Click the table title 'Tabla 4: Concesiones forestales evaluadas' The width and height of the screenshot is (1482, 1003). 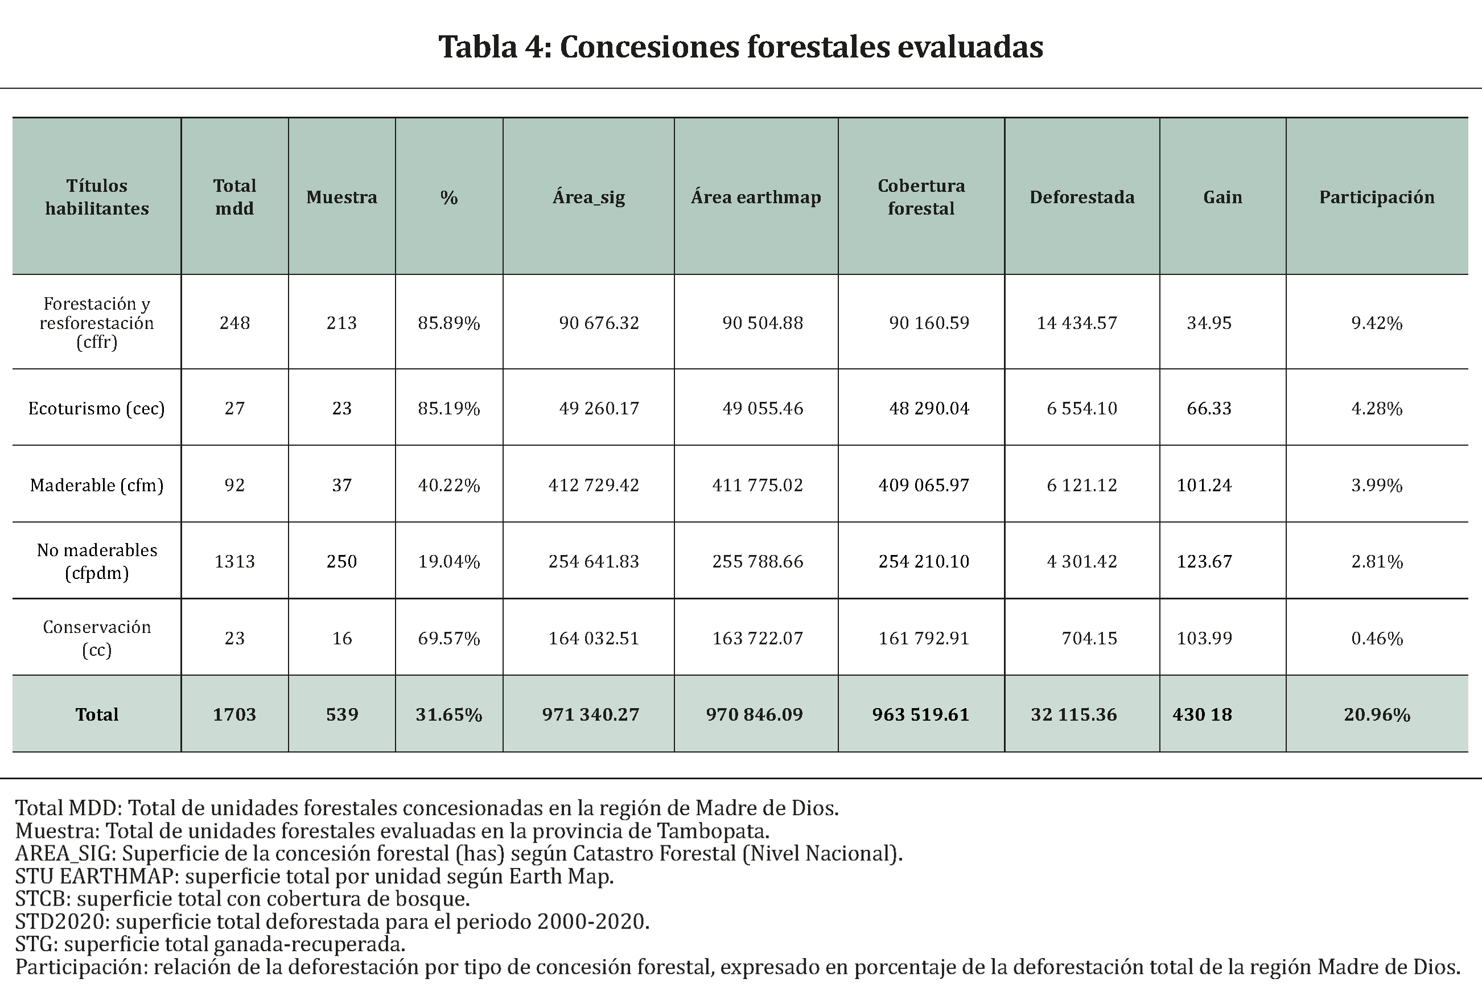point(740,47)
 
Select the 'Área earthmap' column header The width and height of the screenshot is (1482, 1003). point(756,197)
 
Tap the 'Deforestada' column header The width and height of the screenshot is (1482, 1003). point(1081,197)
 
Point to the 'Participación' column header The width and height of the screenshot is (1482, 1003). point(1377,197)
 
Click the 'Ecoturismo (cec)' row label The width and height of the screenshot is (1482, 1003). point(96,408)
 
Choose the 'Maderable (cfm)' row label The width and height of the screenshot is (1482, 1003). point(96,485)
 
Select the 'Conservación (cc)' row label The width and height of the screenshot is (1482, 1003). point(96,638)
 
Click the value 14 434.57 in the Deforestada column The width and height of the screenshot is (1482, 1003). point(1076,323)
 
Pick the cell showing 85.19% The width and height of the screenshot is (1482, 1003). point(448,408)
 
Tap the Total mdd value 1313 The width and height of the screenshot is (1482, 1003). point(234,561)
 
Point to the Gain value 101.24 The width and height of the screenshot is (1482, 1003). point(1204,485)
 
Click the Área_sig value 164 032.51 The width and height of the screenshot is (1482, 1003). point(593,638)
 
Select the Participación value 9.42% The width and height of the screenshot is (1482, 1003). point(1377,323)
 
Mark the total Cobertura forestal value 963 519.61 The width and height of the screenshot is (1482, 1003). point(920,714)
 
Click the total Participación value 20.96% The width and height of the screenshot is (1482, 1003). point(1377,714)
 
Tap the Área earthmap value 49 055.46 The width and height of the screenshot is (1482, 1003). point(762,408)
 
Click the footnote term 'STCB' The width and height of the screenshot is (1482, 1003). point(43,899)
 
